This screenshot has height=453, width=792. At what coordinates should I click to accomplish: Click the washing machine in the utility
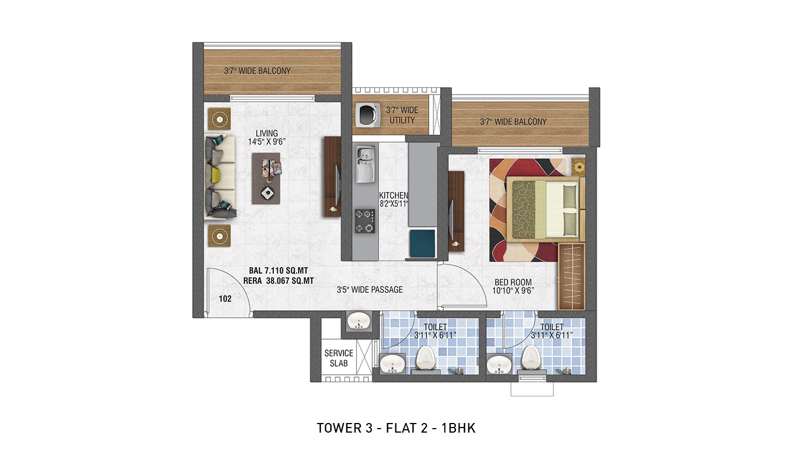(x=368, y=114)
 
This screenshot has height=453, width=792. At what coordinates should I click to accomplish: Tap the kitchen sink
(x=365, y=164)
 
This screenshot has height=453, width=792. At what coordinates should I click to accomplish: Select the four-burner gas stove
(x=365, y=221)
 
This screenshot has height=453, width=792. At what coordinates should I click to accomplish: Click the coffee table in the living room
(x=266, y=178)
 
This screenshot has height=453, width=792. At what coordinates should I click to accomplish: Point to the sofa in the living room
(x=220, y=176)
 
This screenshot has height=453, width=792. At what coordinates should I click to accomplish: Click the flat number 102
(x=225, y=299)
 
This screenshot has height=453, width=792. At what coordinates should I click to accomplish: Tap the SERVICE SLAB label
(x=339, y=358)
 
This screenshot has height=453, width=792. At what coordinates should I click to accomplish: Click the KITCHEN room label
(x=394, y=195)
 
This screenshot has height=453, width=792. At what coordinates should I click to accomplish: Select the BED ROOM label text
(x=513, y=283)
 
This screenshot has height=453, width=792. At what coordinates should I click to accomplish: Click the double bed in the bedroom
(x=545, y=209)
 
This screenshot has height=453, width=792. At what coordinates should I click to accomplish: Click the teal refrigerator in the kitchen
(x=423, y=243)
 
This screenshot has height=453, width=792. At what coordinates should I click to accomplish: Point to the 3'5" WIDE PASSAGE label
(x=369, y=290)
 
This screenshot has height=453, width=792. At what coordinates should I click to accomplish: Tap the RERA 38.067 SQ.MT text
(x=278, y=281)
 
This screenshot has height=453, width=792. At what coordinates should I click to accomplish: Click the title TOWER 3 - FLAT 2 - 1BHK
(x=396, y=428)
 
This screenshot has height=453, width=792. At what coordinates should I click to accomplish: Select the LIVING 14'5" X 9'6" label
(x=266, y=138)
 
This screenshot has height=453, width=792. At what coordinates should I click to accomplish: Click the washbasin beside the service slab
(x=359, y=322)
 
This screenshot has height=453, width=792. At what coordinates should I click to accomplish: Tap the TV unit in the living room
(x=333, y=177)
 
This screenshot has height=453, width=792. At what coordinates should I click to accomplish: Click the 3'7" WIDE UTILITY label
(x=402, y=116)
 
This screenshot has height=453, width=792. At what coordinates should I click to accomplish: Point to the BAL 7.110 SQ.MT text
(x=278, y=271)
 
